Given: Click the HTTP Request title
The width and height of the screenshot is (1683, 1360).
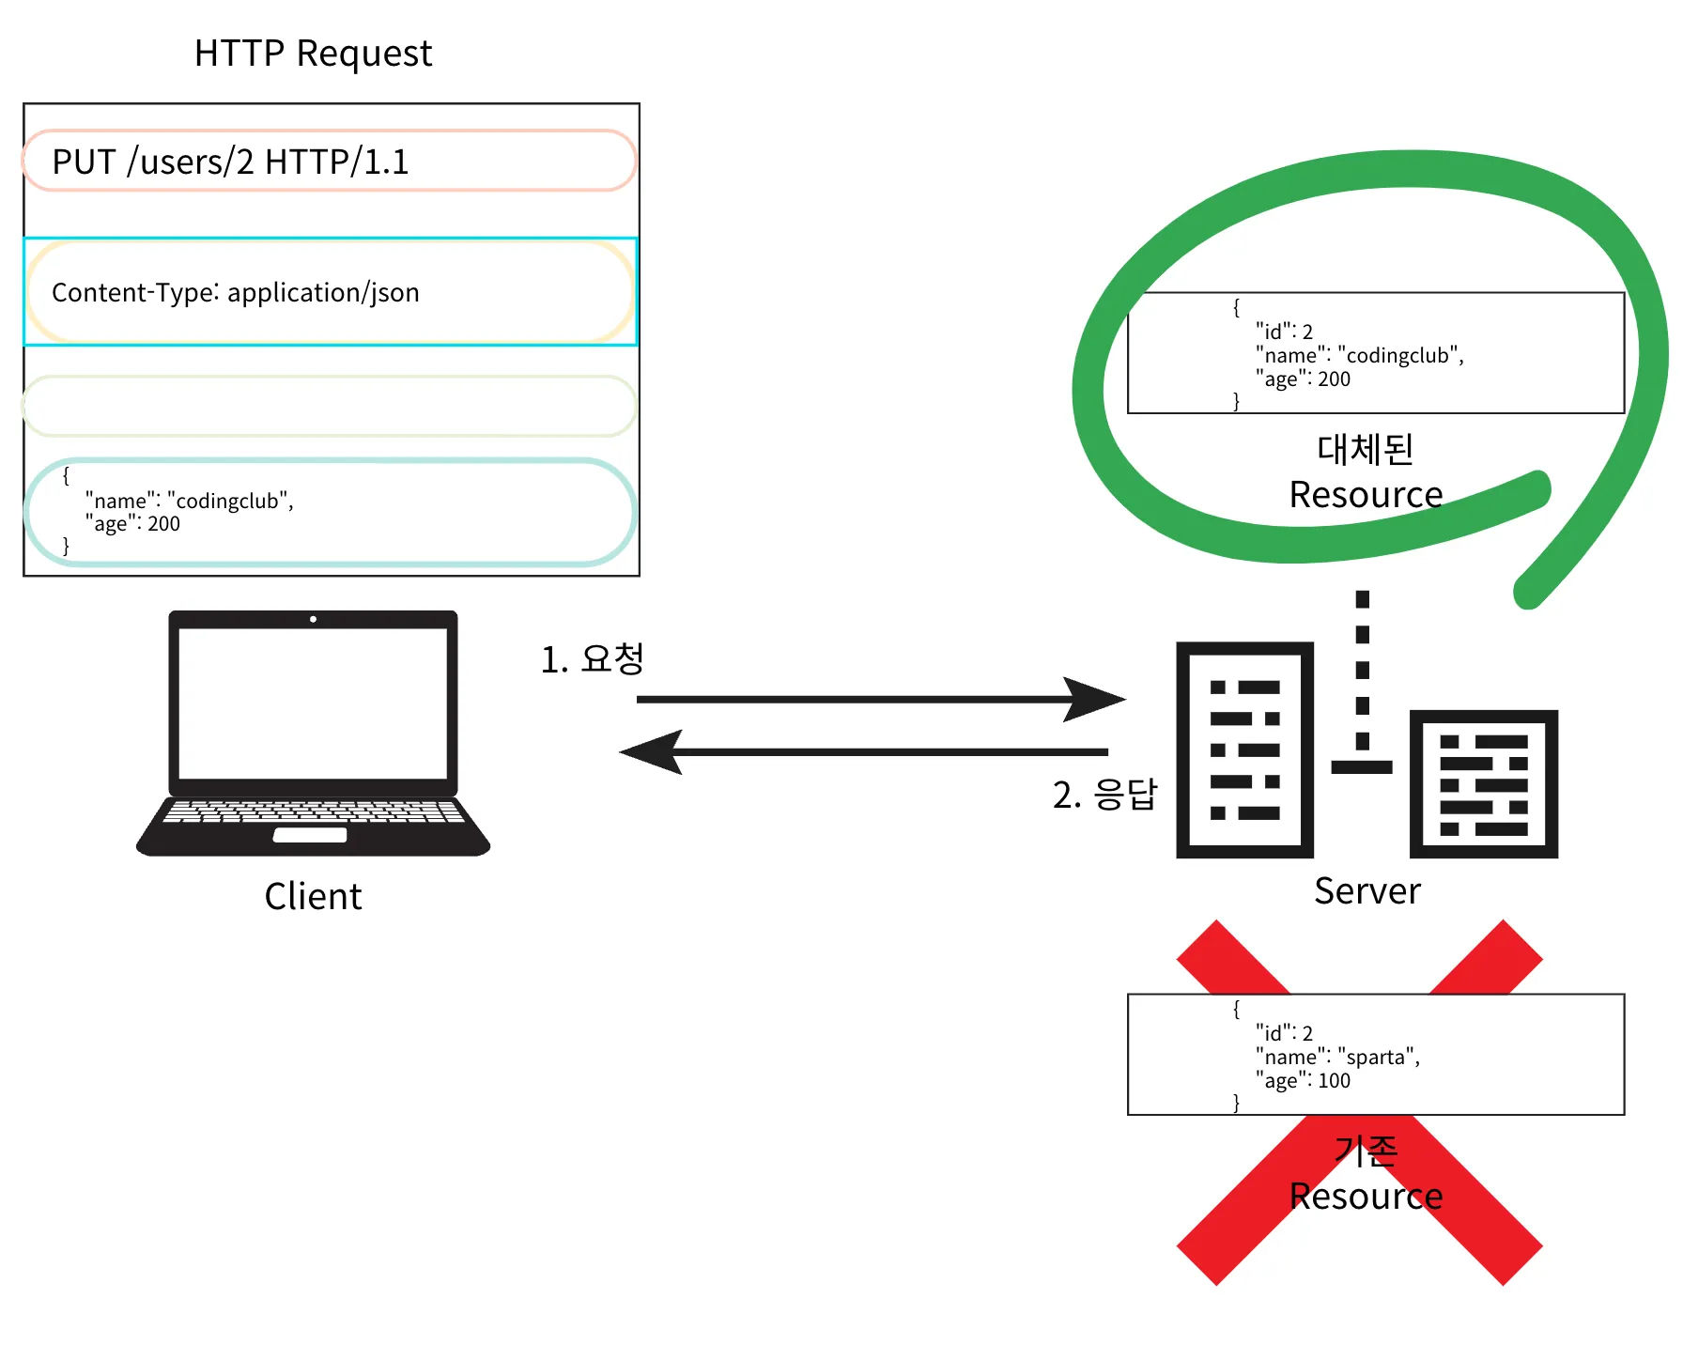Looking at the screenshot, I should coord(313,54).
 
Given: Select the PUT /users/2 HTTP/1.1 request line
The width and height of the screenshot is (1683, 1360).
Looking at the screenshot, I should coord(230,162).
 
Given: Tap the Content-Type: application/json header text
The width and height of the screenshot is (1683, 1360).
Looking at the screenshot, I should coord(235,293).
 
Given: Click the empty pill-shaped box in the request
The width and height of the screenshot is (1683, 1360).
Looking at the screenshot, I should coord(329,406).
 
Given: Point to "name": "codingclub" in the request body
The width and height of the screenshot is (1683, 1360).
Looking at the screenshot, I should coord(189,501).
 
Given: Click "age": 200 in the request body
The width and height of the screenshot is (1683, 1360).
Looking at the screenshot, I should coord(132,524).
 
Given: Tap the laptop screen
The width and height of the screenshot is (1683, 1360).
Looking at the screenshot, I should coord(313,703).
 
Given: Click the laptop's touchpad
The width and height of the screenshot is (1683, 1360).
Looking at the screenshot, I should coord(310,835).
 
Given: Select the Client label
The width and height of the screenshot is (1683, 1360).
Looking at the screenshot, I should coord(313,896).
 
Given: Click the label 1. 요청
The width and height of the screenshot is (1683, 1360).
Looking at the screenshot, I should coord(592,659).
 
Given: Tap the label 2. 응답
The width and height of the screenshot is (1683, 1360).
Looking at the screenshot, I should coord(1104,795).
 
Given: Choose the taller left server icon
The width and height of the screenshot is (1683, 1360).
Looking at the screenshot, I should coord(1244,750).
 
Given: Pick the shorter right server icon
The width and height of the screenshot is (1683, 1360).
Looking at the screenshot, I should coord(1483,783).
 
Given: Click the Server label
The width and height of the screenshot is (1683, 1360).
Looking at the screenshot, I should coord(1366,890).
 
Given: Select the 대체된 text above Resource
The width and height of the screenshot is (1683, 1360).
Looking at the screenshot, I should coord(1366,449).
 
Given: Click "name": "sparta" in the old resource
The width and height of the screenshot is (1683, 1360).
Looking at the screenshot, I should coord(1337,1057).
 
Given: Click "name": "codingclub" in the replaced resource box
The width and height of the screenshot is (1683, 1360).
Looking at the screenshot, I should coord(1359,355).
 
